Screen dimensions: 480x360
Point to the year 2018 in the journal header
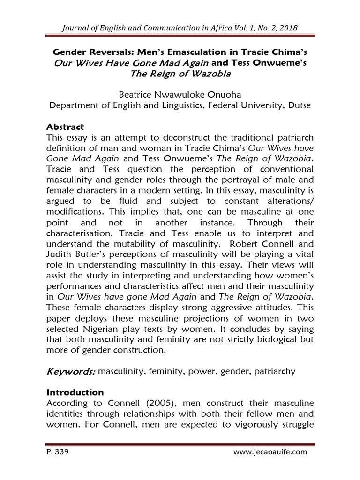pyautogui.click(x=286, y=30)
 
